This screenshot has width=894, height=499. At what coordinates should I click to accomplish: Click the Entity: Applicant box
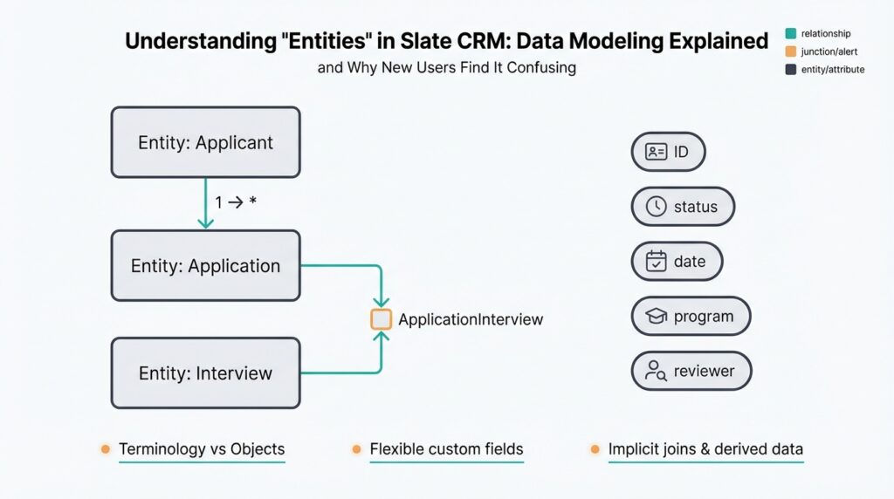(205, 142)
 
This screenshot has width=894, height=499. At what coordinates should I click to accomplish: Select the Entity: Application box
(205, 266)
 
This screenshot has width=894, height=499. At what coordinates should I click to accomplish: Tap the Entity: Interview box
(205, 373)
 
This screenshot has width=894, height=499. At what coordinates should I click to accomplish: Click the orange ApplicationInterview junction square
(381, 319)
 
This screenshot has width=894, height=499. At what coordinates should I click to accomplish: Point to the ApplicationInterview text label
(471, 319)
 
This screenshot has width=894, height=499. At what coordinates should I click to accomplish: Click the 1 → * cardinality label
(235, 202)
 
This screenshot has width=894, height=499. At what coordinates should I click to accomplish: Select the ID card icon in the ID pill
(656, 152)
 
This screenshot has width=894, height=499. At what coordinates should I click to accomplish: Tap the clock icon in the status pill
(656, 207)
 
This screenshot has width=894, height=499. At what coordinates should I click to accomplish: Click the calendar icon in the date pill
(656, 261)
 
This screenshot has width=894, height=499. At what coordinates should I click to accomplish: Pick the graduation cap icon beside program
(656, 316)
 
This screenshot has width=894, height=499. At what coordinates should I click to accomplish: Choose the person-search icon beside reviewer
(656, 371)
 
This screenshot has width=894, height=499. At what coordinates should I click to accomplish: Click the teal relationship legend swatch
(790, 33)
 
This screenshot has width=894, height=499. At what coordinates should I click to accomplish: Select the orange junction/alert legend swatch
(790, 51)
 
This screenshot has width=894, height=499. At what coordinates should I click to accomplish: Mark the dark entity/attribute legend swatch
(790, 69)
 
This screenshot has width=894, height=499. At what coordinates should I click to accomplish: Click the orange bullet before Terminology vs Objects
(105, 449)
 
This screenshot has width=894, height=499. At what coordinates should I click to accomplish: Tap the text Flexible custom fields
(446, 449)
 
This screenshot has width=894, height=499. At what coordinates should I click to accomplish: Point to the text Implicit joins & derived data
(705, 449)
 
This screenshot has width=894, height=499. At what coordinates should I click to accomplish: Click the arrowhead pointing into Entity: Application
(205, 224)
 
